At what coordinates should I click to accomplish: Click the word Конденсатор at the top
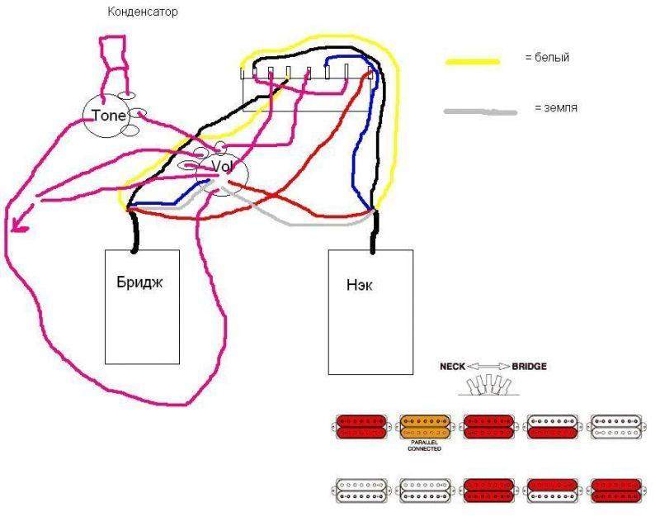coord(143,12)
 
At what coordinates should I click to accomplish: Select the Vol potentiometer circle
coord(221,167)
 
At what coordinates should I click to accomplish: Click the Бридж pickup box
coord(143,306)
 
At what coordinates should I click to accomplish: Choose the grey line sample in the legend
coord(480,111)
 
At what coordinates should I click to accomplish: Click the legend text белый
coord(552,58)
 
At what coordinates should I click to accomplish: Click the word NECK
coord(455,366)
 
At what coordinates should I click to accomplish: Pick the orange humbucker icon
coord(425,427)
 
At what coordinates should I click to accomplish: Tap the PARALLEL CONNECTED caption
coord(425,446)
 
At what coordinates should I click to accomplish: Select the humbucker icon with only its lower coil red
coord(552,427)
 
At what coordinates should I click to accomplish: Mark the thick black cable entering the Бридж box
coord(132,231)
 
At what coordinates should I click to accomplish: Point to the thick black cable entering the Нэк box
coord(373,231)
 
